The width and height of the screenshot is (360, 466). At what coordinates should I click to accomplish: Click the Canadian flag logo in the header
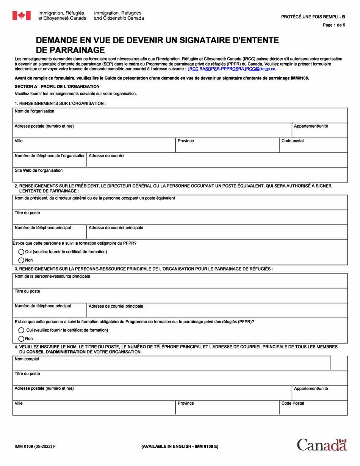[x=21, y=16]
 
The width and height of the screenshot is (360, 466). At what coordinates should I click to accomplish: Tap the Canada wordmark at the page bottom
[x=322, y=445]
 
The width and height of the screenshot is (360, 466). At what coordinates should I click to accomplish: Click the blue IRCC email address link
[x=232, y=69]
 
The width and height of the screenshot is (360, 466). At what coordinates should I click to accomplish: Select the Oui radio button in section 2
[x=22, y=252]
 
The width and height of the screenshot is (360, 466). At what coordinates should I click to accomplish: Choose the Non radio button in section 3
[x=22, y=338]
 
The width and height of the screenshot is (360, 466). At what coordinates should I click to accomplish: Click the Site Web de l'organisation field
[x=180, y=175]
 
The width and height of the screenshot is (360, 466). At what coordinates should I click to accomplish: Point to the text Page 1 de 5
[x=334, y=25]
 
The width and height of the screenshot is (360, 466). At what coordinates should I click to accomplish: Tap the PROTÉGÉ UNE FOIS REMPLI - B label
[x=313, y=17]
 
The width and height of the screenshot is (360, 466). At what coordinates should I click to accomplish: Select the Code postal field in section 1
[x=313, y=145]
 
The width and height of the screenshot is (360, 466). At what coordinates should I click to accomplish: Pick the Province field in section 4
[x=227, y=408]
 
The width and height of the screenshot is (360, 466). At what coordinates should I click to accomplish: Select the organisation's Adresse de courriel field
[x=217, y=161]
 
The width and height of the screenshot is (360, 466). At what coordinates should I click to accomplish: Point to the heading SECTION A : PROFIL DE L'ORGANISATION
[x=57, y=86]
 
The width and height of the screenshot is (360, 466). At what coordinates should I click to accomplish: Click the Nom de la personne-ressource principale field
[x=180, y=281]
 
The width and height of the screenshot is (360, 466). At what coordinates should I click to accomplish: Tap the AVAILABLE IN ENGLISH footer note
[x=180, y=446]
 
